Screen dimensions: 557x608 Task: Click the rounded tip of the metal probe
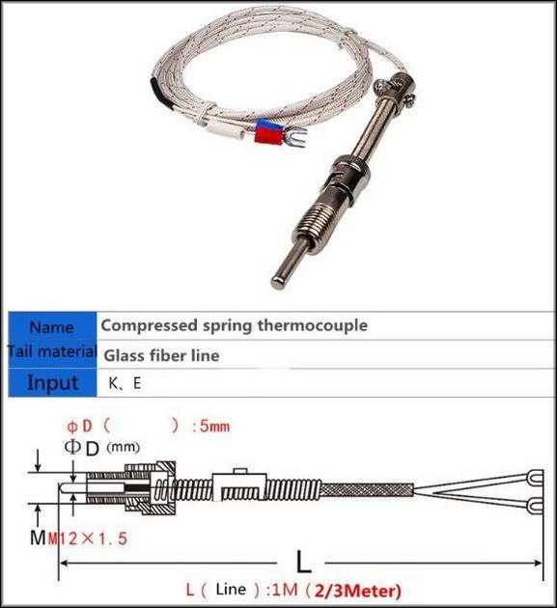(x=277, y=282)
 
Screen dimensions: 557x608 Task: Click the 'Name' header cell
(x=52, y=327)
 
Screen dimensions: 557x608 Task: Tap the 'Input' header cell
(x=52, y=382)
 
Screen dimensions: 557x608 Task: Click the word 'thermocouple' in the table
(x=313, y=325)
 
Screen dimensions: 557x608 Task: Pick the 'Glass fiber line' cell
(x=161, y=355)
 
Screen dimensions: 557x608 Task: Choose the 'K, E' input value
(x=125, y=383)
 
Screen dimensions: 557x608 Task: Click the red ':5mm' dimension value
(x=211, y=427)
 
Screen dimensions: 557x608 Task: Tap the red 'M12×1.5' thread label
(x=88, y=539)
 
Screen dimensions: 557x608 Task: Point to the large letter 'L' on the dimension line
(x=303, y=562)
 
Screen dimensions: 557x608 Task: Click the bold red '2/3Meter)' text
(x=357, y=591)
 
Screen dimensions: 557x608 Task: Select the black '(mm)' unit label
(x=123, y=447)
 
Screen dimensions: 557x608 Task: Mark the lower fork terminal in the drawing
(x=535, y=505)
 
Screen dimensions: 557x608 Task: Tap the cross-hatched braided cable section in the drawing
(x=367, y=490)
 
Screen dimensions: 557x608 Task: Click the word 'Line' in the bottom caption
(x=231, y=589)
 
